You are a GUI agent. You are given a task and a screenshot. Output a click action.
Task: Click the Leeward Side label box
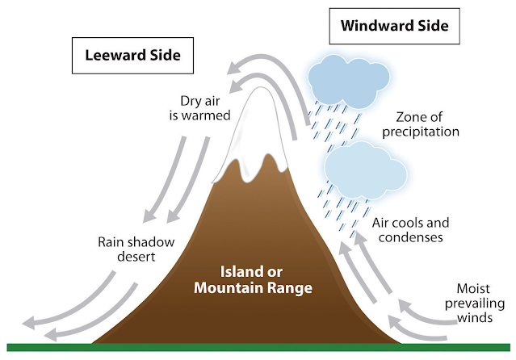click(x=132, y=57)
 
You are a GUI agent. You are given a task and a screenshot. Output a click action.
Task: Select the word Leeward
click(x=113, y=57)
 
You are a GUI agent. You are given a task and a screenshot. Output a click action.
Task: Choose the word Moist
click(x=473, y=287)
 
